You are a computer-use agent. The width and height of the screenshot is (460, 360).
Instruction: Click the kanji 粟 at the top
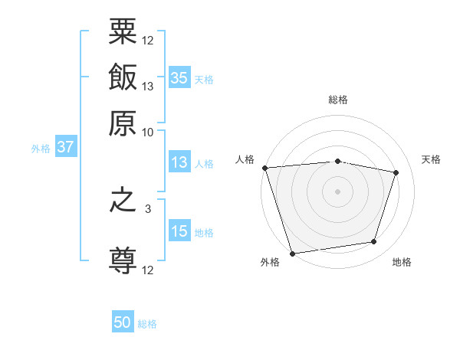point(123,33)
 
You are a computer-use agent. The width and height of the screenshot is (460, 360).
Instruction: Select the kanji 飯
point(123,77)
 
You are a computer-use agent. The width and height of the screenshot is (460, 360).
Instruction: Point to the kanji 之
point(123,207)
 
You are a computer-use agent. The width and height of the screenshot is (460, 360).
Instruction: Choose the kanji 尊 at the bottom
point(123,260)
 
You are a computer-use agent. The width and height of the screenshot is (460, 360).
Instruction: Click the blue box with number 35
point(179,77)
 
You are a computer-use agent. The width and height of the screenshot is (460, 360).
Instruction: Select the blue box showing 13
point(179,162)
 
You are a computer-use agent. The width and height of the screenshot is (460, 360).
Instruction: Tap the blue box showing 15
point(179,231)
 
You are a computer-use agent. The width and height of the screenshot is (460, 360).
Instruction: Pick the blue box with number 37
point(65,147)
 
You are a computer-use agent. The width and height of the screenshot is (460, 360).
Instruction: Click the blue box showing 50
point(123,322)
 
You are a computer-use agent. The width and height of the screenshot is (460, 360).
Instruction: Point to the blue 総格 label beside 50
point(148,324)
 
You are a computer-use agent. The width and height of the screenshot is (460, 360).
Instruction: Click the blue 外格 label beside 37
point(40,149)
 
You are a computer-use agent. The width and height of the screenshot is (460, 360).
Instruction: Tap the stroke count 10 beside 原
point(147,131)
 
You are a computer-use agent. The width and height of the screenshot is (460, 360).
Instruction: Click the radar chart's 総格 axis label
point(338,100)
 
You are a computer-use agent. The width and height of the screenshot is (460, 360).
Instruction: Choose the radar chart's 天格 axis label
point(431,159)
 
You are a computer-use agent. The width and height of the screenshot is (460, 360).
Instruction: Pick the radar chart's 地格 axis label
point(402,262)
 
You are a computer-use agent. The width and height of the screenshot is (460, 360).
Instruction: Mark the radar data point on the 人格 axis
point(264,168)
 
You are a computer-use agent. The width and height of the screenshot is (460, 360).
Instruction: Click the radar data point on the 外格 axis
point(292,253)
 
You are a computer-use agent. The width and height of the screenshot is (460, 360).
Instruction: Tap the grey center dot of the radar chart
point(338,191)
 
